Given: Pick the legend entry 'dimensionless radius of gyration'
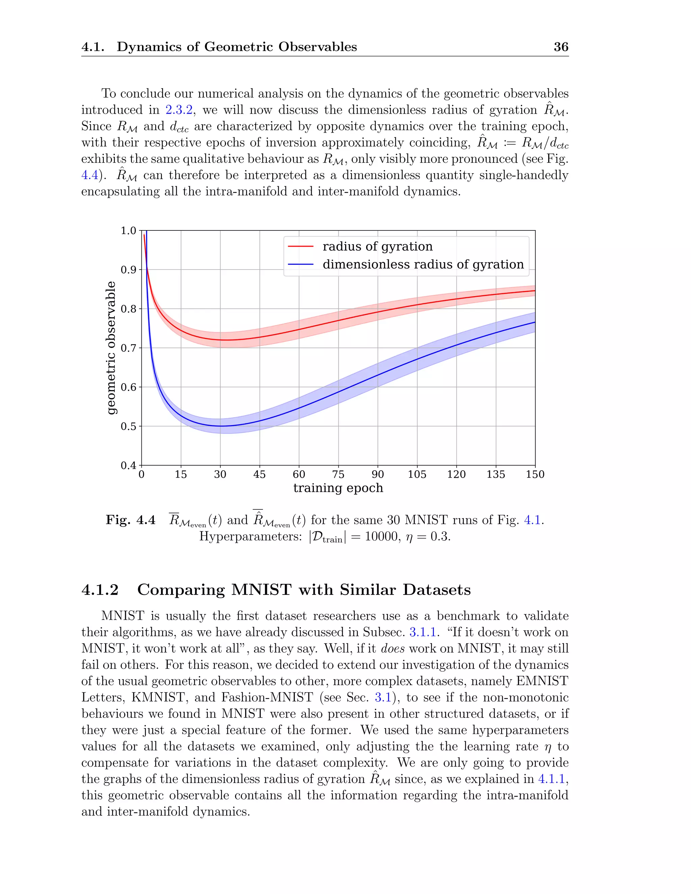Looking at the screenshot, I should coord(423,264).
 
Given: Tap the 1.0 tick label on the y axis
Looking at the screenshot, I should coord(129,231).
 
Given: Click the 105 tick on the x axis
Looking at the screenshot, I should coord(417,474).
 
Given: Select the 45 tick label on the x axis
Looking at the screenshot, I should coord(259,474).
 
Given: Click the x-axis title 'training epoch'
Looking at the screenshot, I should coord(338,488).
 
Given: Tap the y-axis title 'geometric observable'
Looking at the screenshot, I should coord(111,348).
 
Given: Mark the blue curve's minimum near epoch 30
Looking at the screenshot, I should coord(220,426).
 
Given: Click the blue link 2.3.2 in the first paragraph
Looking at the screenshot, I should coord(179,110).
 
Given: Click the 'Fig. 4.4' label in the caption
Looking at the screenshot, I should coord(131,520).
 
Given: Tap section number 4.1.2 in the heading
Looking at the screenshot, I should coord(100,590).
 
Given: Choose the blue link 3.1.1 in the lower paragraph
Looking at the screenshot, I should coord(422,633).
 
